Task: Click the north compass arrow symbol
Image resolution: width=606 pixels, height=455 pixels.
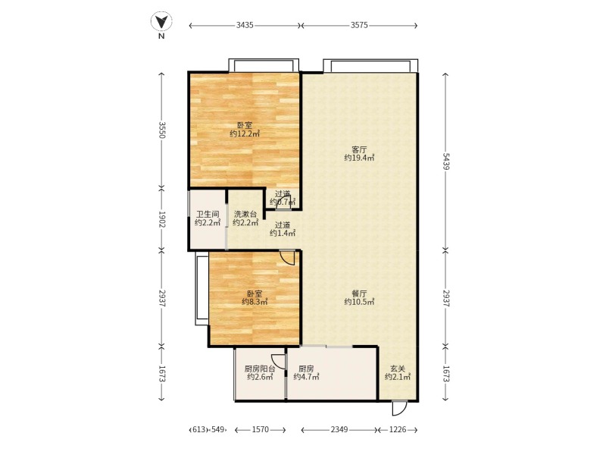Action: [161, 21]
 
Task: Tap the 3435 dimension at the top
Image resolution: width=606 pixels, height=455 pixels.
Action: [245, 25]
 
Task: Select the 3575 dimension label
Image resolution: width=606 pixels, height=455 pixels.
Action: [359, 25]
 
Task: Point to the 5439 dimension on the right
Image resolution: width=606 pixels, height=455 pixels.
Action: [445, 162]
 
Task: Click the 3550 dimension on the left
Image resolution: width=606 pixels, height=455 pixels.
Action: [162, 130]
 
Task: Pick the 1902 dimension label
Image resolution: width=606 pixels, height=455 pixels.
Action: [162, 219]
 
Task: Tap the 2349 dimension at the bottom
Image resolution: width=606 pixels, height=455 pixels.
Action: [339, 429]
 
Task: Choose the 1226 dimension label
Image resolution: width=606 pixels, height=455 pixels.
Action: [398, 429]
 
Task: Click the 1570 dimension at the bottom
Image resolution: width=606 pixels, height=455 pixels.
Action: [260, 429]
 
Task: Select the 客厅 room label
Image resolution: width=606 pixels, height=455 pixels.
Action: [359, 149]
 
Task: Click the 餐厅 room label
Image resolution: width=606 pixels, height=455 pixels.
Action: [359, 293]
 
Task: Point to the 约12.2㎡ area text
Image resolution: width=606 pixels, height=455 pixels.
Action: [245, 134]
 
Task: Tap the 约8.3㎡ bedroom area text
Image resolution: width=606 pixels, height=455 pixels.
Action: [255, 302]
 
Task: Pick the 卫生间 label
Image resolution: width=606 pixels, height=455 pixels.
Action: [208, 214]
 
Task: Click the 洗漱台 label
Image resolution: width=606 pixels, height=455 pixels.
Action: [245, 214]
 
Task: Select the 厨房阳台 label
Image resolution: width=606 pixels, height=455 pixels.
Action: [260, 369]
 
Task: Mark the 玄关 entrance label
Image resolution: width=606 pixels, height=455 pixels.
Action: [398, 369]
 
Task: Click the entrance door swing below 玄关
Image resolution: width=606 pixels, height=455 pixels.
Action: [399, 409]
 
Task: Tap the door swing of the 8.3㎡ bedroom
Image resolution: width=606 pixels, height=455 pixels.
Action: [287, 258]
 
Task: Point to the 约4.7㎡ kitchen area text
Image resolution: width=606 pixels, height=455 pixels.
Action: [306, 377]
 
